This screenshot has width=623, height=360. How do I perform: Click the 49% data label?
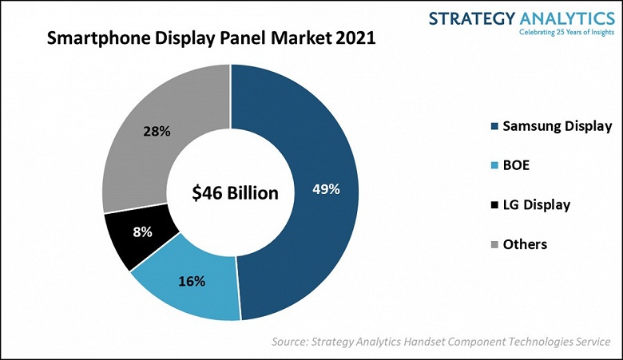tap(327, 190)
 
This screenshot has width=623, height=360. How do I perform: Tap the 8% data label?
tap(143, 232)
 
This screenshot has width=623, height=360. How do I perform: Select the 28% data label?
tap(157, 131)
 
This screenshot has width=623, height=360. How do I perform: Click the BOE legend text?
tap(518, 165)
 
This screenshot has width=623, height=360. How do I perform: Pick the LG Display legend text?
tap(536, 205)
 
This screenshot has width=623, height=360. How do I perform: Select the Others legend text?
tap(525, 244)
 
